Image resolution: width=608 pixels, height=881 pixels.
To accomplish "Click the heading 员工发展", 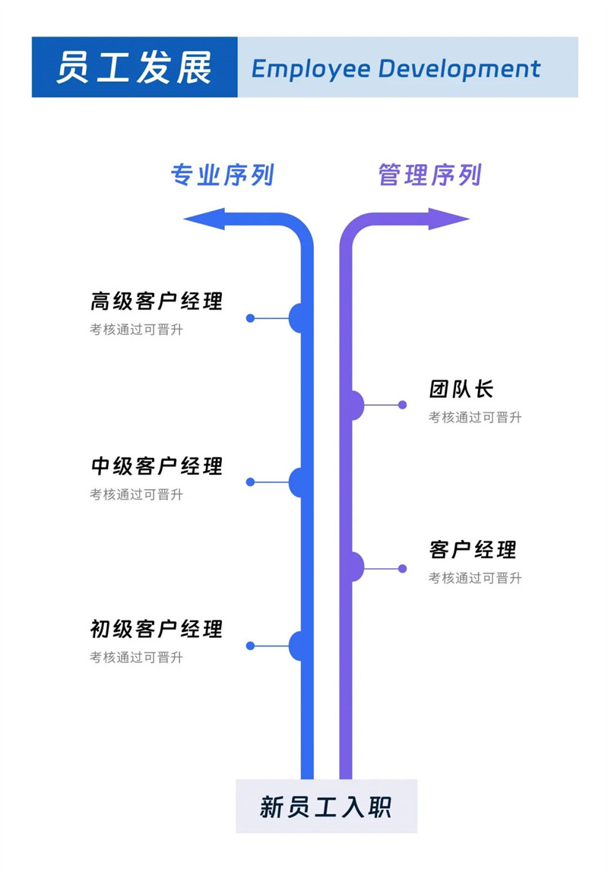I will [134, 68].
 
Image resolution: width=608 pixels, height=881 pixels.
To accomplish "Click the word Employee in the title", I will [309, 69].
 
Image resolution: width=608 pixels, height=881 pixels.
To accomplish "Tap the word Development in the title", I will [459, 69].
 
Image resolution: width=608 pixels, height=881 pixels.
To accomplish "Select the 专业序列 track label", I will [222, 175].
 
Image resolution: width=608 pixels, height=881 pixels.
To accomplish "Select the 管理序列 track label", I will [429, 175].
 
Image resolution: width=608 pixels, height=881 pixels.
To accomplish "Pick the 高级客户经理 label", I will [157, 301].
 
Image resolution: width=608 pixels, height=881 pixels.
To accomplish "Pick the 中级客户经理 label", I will [157, 466].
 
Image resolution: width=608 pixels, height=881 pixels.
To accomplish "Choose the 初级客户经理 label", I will [157, 629].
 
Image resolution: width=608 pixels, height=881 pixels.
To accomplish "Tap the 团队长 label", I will [461, 390].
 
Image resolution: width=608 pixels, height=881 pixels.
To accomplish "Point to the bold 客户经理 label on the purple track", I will [473, 549].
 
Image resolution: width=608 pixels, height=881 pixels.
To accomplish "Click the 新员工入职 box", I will [326, 806].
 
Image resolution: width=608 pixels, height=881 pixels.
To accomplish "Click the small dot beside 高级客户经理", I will [250, 318].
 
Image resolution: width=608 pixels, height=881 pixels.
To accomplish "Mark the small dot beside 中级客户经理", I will [250, 482].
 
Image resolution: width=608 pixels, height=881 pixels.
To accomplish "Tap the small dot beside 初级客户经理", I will [250, 646].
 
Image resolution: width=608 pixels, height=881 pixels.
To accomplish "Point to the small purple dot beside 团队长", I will [403, 405].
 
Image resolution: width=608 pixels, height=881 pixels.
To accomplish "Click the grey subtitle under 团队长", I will [475, 417].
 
